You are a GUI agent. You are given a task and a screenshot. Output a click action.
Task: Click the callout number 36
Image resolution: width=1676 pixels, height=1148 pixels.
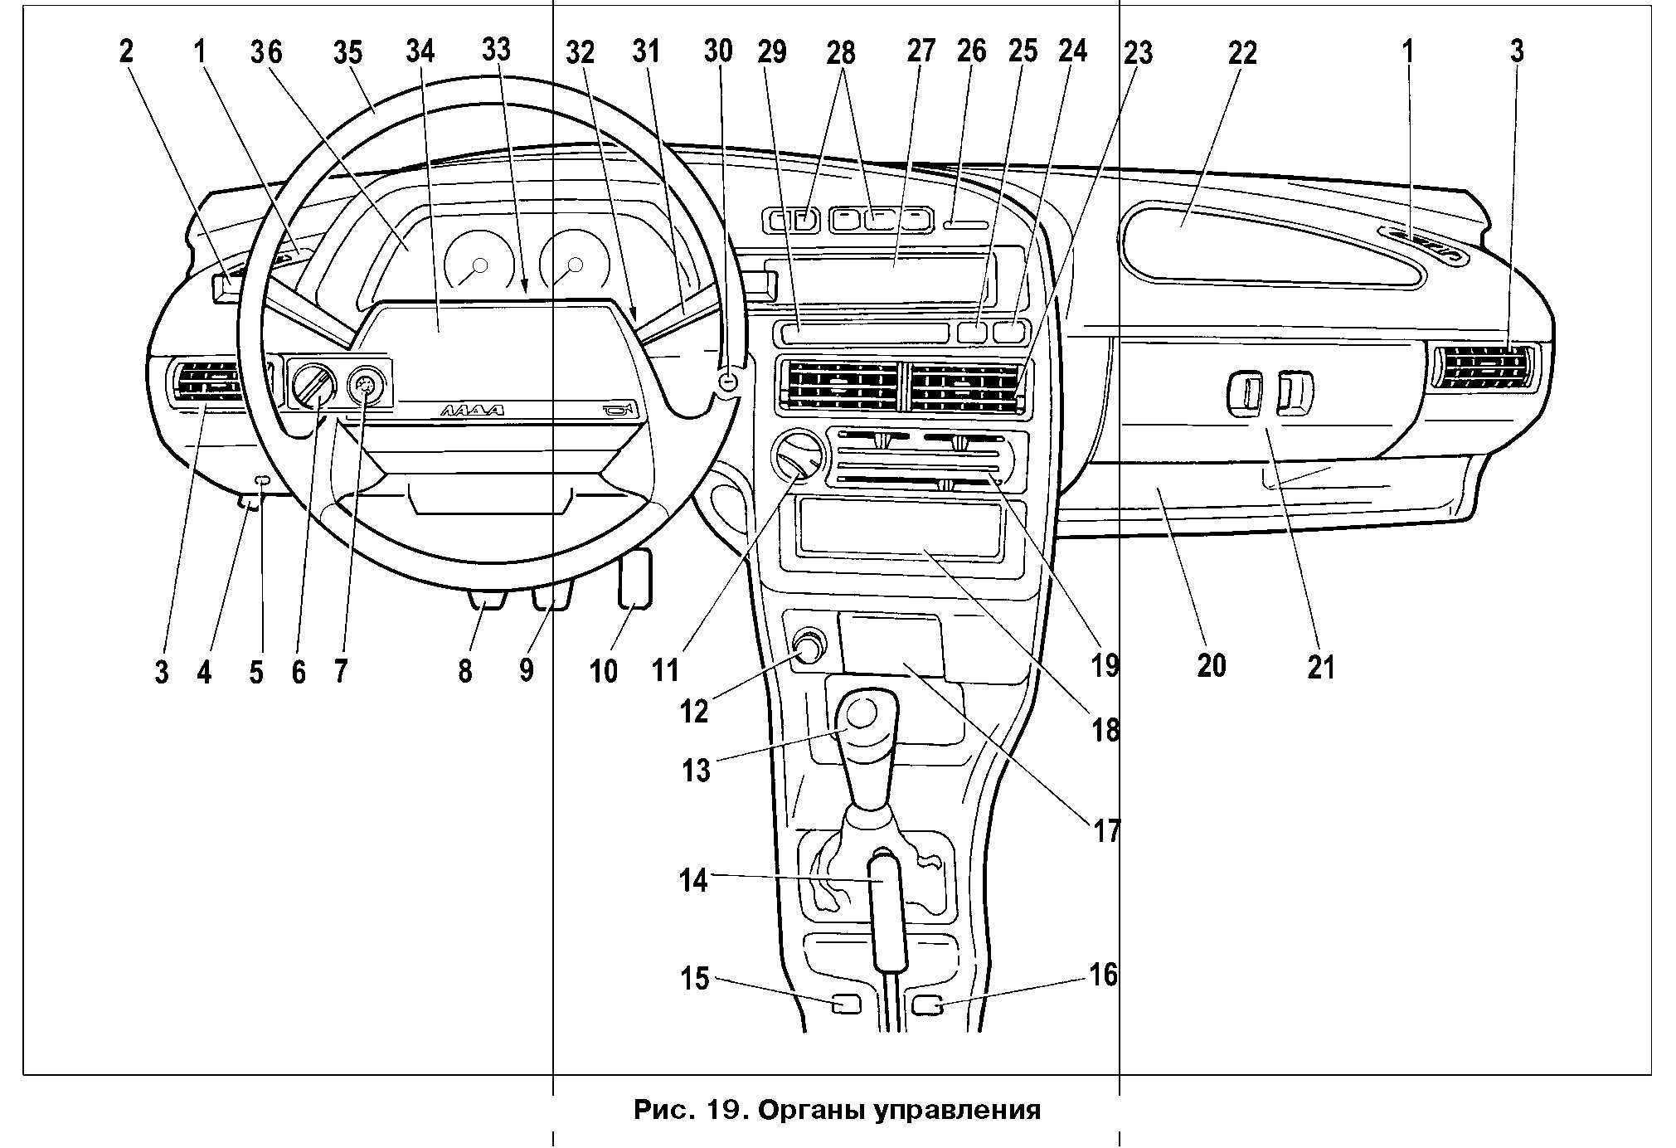point(266,52)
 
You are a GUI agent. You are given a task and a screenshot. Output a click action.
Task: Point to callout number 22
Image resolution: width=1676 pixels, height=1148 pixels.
point(1242,53)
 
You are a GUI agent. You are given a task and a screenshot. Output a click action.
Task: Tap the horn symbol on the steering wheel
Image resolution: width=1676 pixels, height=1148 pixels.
point(620,408)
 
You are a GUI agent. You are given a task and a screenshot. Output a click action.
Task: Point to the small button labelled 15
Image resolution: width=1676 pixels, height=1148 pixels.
point(846,1004)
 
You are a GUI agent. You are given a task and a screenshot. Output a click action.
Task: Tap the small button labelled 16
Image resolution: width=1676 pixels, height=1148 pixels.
point(926,1005)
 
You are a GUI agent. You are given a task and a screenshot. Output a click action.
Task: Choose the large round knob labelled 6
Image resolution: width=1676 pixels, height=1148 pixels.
point(313,387)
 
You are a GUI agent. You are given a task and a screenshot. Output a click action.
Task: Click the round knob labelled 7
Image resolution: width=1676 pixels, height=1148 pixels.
point(364,385)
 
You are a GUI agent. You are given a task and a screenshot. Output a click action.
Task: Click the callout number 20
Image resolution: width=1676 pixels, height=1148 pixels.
point(1211,665)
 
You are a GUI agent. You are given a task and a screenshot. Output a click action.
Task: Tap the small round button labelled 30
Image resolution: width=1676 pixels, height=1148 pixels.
point(728,382)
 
